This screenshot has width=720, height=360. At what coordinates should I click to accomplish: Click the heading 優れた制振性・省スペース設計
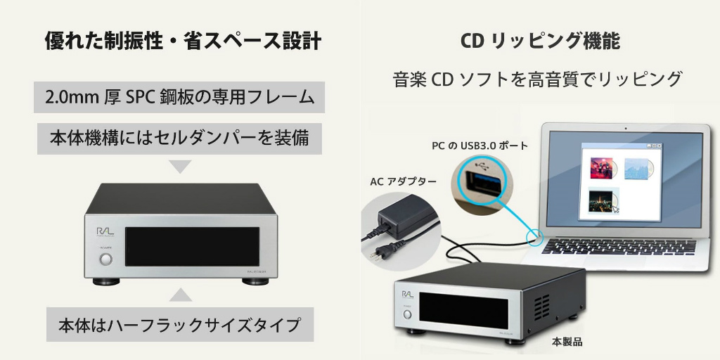[183, 41]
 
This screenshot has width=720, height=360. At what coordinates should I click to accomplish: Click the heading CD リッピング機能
[540, 41]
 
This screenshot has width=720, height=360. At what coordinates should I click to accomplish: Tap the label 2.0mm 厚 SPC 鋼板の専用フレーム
[179, 97]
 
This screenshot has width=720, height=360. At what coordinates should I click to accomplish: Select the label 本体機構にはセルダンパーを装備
[179, 139]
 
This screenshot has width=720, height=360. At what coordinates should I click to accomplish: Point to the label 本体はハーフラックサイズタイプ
[179, 325]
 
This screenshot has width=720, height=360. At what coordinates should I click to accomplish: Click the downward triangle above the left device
[180, 166]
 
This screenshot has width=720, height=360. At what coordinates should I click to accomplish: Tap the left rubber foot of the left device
[106, 281]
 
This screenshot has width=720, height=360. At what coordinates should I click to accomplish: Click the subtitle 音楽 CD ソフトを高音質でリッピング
[537, 79]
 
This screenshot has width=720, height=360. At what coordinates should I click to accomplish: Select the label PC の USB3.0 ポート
[480, 146]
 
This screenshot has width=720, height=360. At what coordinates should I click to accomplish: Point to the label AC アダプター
[403, 181]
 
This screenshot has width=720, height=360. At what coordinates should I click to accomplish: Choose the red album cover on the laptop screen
[603, 168]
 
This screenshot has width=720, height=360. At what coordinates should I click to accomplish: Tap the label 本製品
[567, 342]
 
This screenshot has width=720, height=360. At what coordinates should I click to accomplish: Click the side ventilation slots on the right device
[541, 307]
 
